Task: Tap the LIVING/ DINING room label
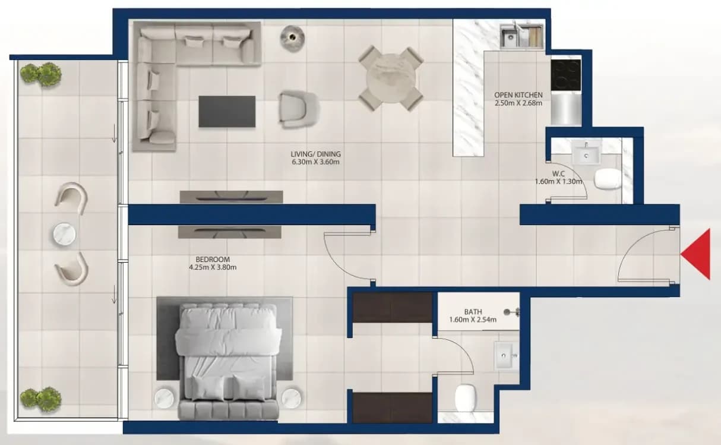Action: pyautogui.click(x=315, y=154)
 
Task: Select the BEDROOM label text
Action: pyautogui.click(x=213, y=259)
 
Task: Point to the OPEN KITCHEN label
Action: pyautogui.click(x=518, y=95)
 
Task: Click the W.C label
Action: pyautogui.click(x=558, y=174)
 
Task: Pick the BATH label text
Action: pyautogui.click(x=473, y=312)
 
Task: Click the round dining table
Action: pyautogui.click(x=391, y=78)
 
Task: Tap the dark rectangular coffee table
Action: pyautogui.click(x=227, y=112)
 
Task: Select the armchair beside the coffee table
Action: pyautogui.click(x=299, y=109)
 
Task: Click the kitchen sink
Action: pyautogui.click(x=521, y=36)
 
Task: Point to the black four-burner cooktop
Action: pyautogui.click(x=566, y=75)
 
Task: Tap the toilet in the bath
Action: pyautogui.click(x=466, y=398)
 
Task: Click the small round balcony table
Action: pyautogui.click(x=64, y=234)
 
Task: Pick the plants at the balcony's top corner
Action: pyautogui.click(x=40, y=74)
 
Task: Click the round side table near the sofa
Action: pyautogui.click(x=292, y=38)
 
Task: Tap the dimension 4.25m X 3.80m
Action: pyautogui.click(x=213, y=267)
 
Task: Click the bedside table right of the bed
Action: pyautogui.click(x=291, y=398)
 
